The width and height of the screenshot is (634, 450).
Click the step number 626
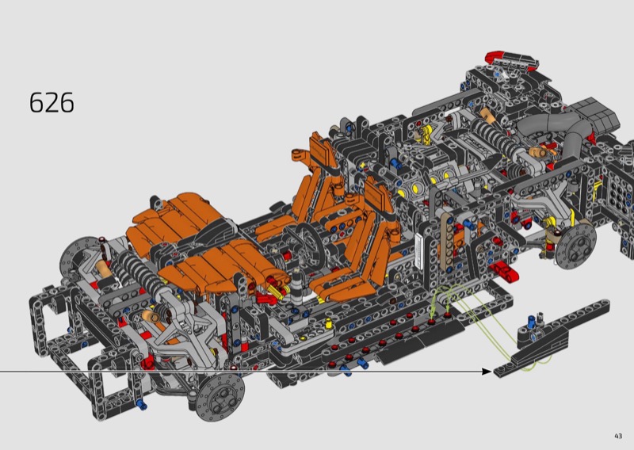[52, 102]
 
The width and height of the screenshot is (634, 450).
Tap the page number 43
[618, 436]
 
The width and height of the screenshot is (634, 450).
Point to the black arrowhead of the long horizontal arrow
[487, 371]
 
